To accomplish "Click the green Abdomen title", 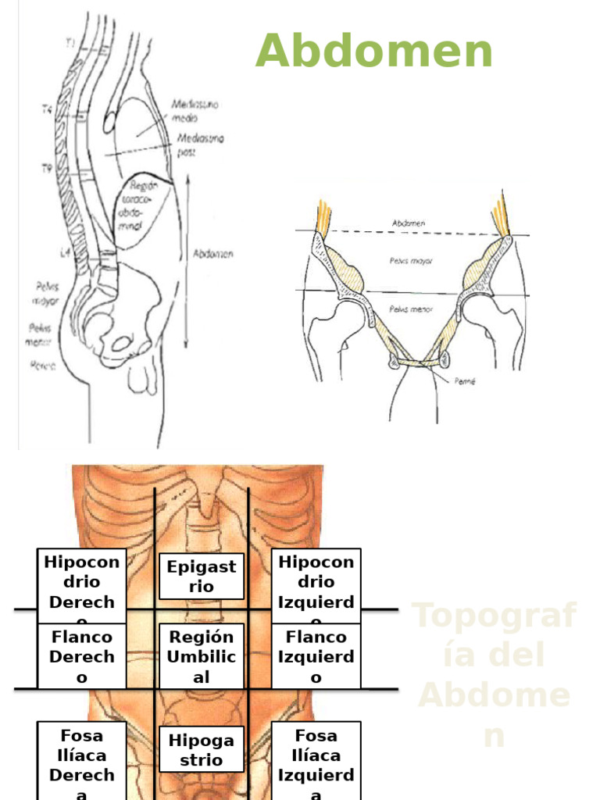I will click(374, 52).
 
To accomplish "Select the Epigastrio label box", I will click(201, 577).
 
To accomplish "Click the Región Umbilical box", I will click(201, 656).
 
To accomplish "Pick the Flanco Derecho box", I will click(81, 656).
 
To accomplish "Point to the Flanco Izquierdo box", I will click(316, 656).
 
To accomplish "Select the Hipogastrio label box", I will click(201, 749).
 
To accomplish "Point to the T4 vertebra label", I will click(47, 111).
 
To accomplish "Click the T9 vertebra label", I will click(47, 168).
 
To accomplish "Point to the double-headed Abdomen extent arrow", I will click(187, 262).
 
